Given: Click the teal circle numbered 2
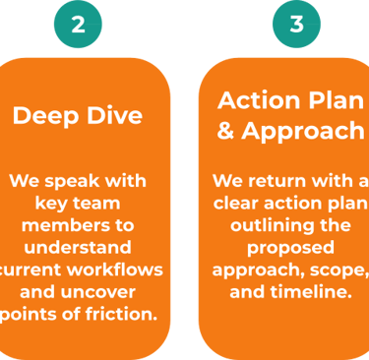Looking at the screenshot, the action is pos(78,24).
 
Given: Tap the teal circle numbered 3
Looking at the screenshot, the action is pos(296,24).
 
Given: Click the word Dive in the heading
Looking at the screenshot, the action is pos(114,115).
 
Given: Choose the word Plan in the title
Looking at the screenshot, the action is pos(337,100).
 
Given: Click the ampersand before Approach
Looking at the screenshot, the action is pos(225,131).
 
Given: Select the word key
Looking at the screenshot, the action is pos(49,204).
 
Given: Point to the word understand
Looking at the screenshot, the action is pos(78,247).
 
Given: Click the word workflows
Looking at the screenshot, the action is pos(115,270).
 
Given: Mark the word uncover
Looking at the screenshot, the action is pos(103,292).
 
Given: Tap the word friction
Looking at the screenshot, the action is pos(121,314).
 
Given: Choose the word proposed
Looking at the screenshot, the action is pos(290,249).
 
